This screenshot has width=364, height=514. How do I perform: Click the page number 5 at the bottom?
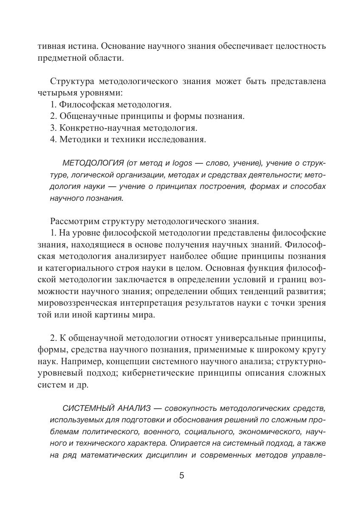tap(182, 476)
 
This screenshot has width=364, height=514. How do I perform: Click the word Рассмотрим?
tap(75, 221)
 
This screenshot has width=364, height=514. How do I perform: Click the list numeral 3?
tap(53, 127)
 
